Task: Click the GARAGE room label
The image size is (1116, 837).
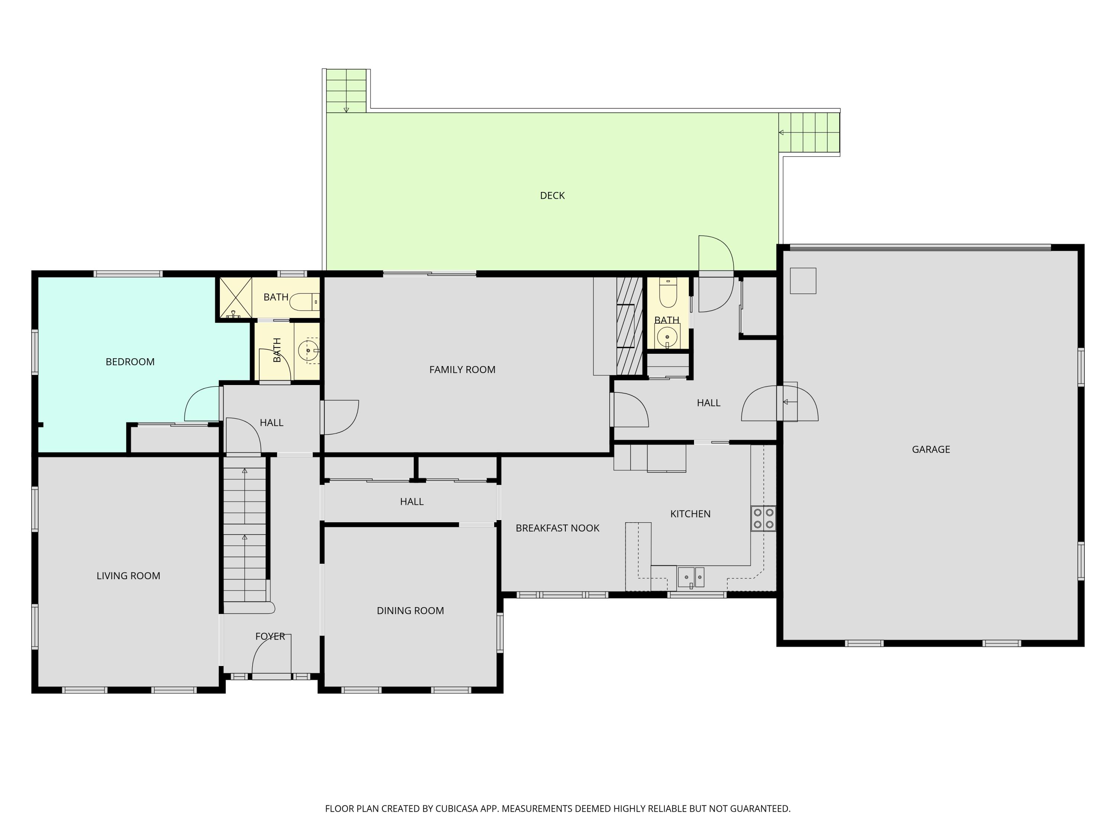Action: [930, 449]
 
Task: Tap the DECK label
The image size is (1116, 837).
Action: [552, 195]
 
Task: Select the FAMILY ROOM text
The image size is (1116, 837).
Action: [462, 369]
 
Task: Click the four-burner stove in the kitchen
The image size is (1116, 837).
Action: [763, 518]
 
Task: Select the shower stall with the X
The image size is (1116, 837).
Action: [235, 298]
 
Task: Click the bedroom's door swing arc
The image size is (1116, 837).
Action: [202, 404]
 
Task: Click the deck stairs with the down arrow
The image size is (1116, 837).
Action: [346, 91]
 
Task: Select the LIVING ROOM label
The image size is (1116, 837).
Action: [128, 575]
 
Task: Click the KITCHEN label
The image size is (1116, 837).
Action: [690, 514]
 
